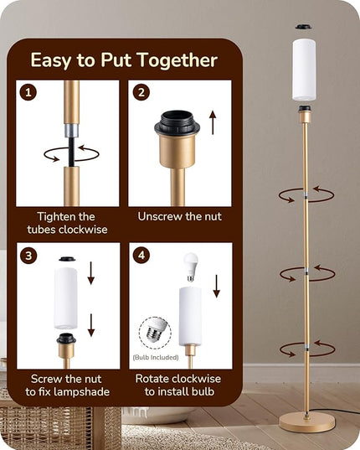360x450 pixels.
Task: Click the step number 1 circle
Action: pos(28,92)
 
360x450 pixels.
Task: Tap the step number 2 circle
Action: pos(141,92)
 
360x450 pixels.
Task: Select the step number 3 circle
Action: pos(28,255)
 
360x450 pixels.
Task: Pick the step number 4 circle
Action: pos(141,255)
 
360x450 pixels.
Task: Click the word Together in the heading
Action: pos(177,60)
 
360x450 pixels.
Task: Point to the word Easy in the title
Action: pos(51,61)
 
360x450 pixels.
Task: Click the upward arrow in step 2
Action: pos(213,122)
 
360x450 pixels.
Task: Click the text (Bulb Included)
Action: pos(156,357)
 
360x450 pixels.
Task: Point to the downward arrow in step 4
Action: pos(216,286)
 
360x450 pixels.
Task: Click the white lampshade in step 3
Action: pos(65,297)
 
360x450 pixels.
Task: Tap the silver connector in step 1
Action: pos(71,131)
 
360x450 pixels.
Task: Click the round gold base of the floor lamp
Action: pos(306,422)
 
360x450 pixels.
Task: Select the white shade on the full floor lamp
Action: pos(304,70)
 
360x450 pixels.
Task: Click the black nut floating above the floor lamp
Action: pos(304,27)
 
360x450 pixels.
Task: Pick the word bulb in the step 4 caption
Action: pos(203,391)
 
